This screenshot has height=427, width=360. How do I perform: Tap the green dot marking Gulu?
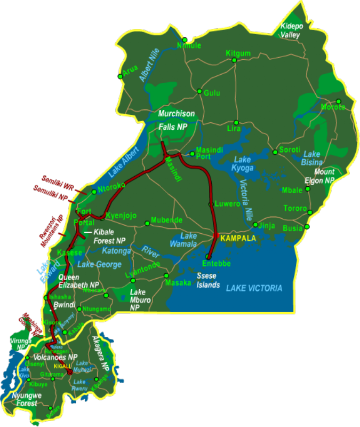(199, 91)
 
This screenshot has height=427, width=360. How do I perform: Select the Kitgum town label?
(238, 53)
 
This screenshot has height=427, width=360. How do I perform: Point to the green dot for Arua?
(121, 76)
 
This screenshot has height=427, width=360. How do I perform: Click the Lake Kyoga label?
(243, 164)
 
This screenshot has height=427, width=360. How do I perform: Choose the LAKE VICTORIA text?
(254, 288)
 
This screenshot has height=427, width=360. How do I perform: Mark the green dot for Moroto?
(338, 101)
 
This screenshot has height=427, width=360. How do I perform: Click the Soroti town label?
(290, 149)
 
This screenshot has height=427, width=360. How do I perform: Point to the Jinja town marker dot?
(255, 225)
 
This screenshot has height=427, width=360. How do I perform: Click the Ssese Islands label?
(208, 281)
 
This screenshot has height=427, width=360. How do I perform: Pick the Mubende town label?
(166, 220)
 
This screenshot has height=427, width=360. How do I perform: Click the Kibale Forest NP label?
(109, 236)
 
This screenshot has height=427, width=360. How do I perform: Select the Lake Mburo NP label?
(138, 299)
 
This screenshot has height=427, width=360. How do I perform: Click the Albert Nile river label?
(149, 64)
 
